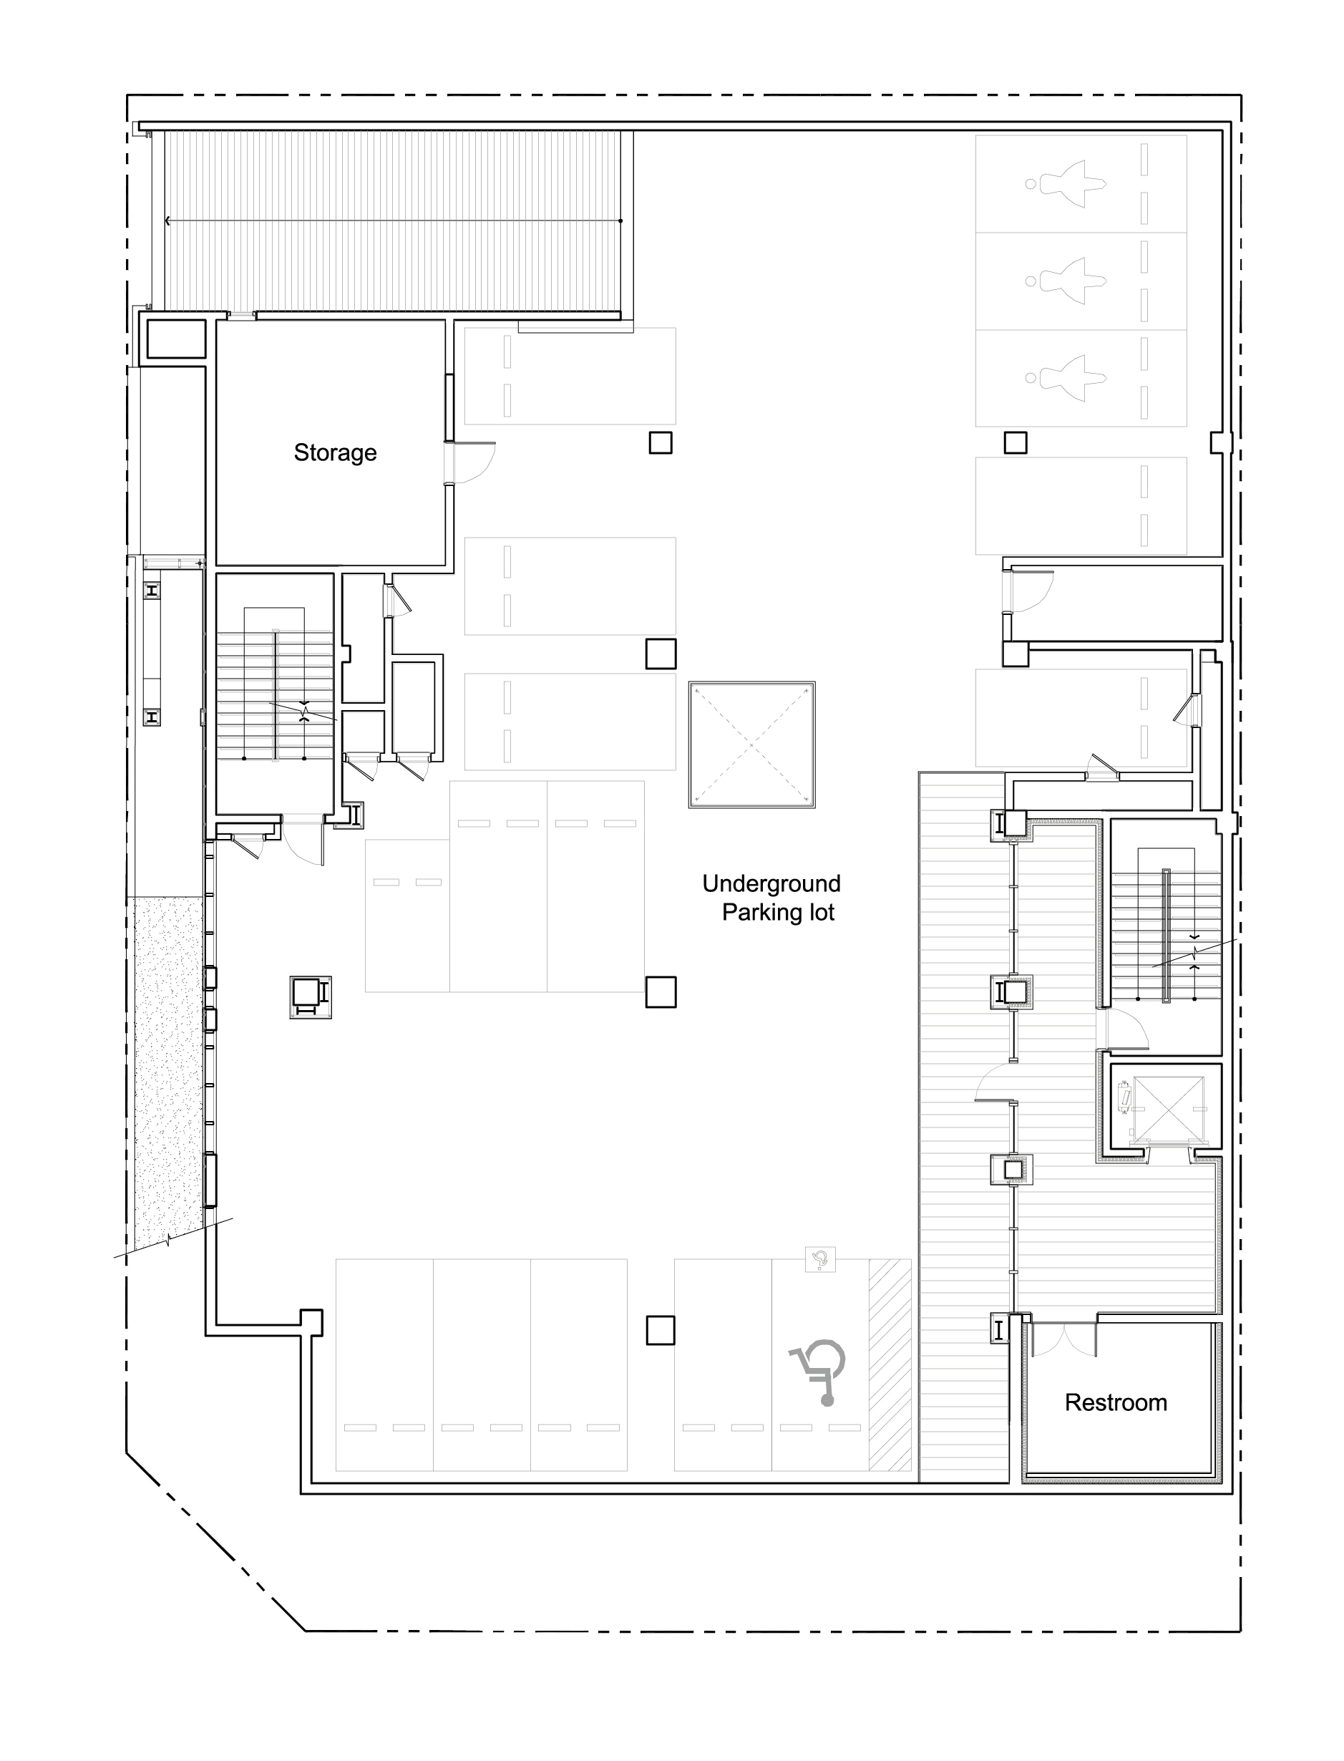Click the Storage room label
point(335,453)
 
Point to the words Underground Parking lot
point(772,898)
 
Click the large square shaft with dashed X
point(751,745)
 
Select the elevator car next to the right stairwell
point(1169,1108)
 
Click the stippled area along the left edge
point(167,1072)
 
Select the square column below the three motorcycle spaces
point(1016,442)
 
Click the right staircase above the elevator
point(1167,933)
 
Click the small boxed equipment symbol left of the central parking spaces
point(311,997)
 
